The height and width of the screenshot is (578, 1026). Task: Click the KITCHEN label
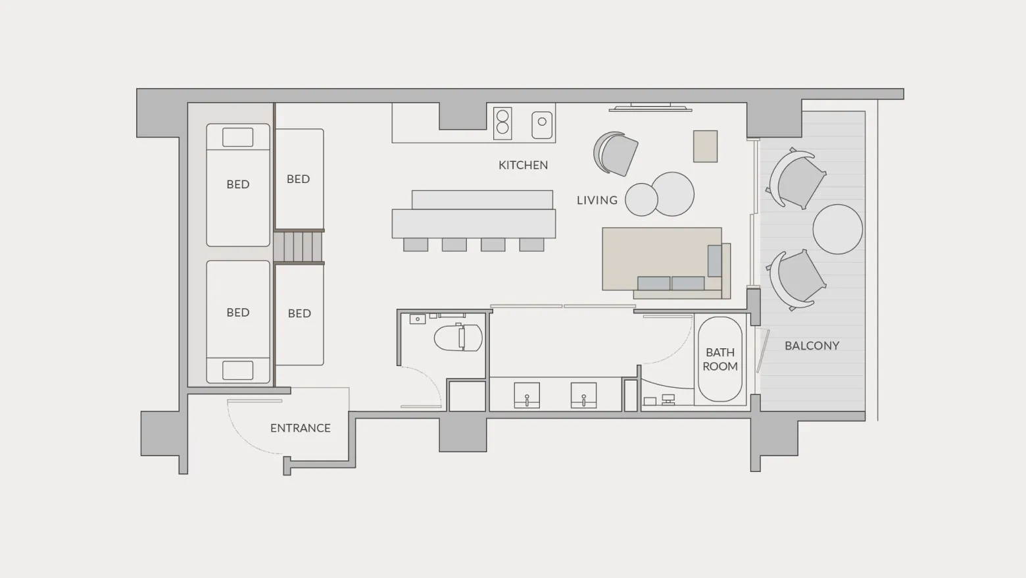523,165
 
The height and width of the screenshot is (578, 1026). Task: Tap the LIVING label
597,200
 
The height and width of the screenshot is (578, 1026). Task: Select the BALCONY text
812,346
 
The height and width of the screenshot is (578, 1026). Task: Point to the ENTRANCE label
300,428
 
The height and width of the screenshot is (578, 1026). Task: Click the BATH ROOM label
720,359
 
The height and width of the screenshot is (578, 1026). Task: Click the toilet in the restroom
458,338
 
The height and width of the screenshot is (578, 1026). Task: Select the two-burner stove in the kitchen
502,123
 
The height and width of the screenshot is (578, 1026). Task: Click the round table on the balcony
838,229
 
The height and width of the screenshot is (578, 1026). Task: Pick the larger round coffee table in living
673,194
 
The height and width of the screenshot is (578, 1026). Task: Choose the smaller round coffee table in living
641,199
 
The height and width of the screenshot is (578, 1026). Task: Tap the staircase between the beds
299,247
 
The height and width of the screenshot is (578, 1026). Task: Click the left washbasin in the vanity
527,395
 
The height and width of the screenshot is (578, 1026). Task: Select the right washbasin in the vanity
583,395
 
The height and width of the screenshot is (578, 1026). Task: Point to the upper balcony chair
796,179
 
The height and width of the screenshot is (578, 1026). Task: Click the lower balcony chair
796,280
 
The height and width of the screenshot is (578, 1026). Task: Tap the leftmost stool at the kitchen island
416,245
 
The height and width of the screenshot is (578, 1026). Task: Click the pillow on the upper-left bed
237,138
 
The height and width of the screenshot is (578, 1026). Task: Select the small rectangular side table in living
705,146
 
